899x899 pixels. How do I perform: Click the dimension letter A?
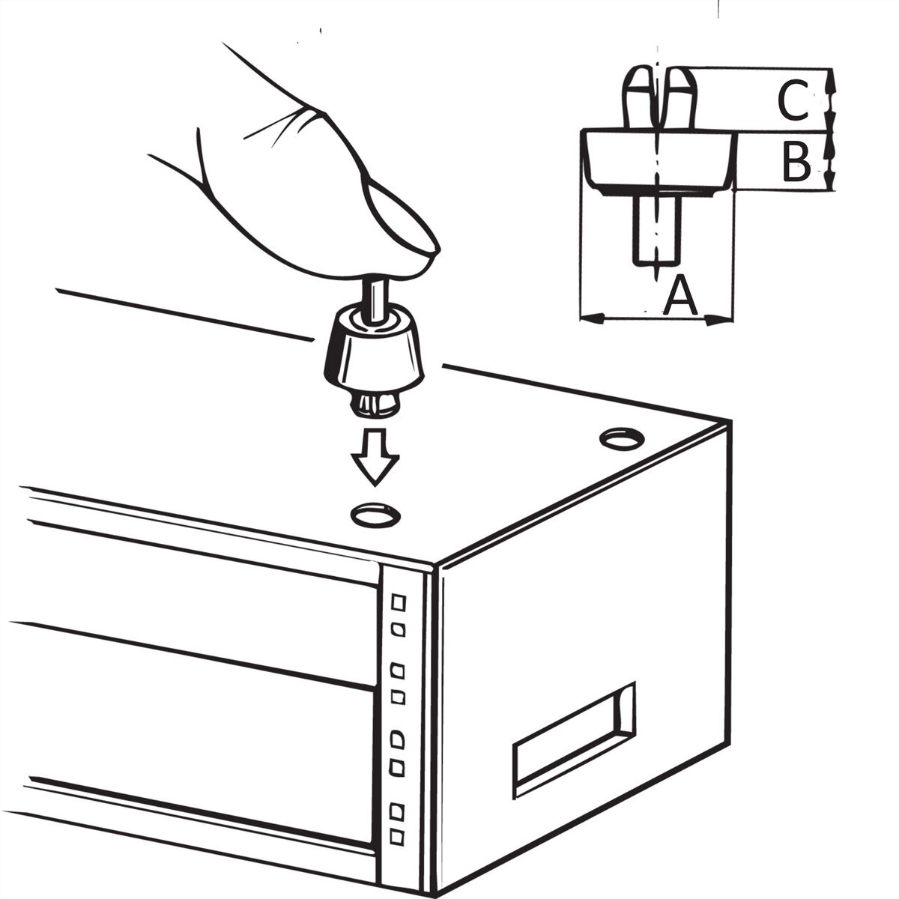click(679, 295)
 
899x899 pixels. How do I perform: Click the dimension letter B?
click(796, 163)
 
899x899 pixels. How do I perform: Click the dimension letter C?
click(793, 100)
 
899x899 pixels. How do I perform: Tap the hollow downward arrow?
click(375, 458)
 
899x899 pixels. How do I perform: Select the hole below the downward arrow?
click(376, 515)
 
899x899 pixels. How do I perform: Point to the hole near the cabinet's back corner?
click(622, 438)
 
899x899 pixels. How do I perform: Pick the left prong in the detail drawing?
click(638, 98)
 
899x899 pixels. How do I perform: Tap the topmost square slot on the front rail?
click(398, 603)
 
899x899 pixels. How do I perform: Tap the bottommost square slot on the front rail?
click(396, 850)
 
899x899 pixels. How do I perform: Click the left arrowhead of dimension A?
click(593, 318)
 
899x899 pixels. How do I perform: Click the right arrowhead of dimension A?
click(718, 320)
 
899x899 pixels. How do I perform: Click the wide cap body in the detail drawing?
click(657, 161)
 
